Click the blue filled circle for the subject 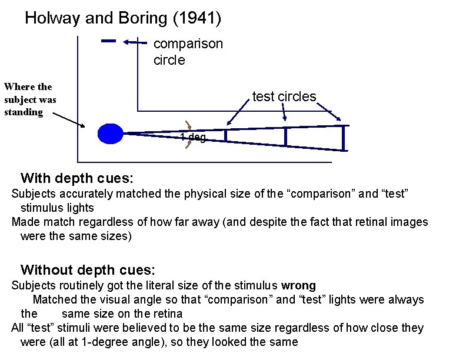(x=110, y=134)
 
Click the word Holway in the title (x=53, y=18)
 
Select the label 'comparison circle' (x=188, y=52)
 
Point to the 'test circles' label (x=284, y=96)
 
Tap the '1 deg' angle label (x=193, y=138)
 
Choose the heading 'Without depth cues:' (x=88, y=270)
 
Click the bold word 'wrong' (x=298, y=285)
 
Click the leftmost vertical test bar (x=225, y=136)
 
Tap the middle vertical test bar (x=285, y=136)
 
